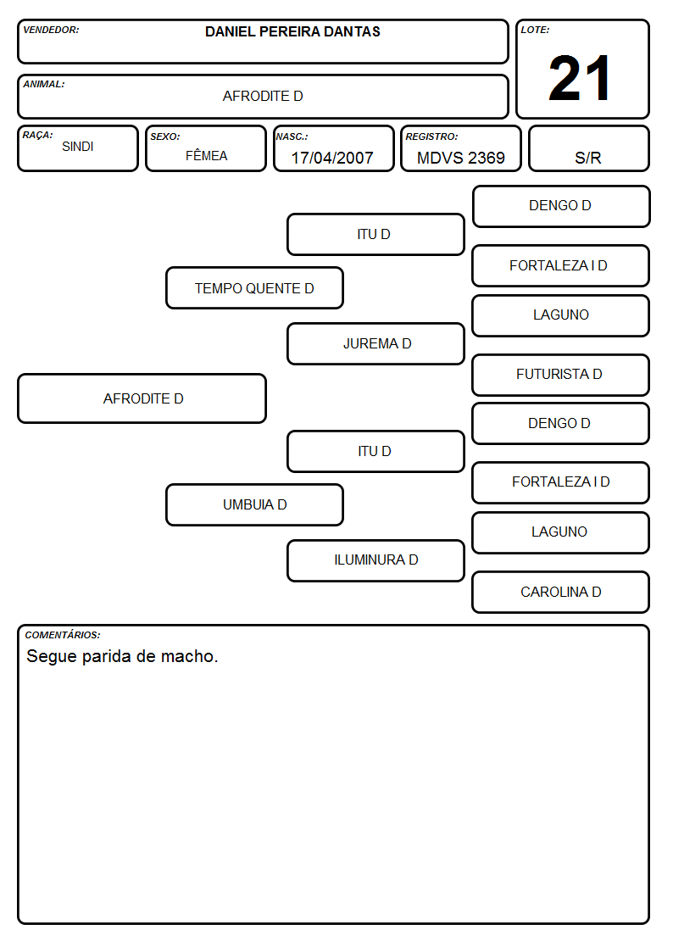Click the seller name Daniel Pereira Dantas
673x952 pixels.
[x=292, y=31]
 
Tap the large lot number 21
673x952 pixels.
[x=580, y=78]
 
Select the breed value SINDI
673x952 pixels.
[x=78, y=147]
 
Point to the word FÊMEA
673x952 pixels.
[x=206, y=155]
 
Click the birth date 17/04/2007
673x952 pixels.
[x=332, y=158]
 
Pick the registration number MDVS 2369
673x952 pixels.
[x=460, y=158]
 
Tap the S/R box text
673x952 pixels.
[x=588, y=158]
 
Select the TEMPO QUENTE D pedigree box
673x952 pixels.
[x=255, y=287]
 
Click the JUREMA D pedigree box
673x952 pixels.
[x=376, y=343]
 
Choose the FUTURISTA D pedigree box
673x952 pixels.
[x=561, y=375]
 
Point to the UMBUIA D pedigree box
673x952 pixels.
[x=255, y=504]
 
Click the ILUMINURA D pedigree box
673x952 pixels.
[x=376, y=560]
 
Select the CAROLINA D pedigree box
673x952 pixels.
[x=561, y=592]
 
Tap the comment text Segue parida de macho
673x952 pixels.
[x=122, y=656]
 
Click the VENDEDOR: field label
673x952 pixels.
[x=51, y=30]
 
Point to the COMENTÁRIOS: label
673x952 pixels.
[x=63, y=635]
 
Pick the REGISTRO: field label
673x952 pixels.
[x=431, y=136]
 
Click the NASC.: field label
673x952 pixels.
[x=292, y=136]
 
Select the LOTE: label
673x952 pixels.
[x=535, y=30]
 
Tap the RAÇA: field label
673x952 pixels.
[x=37, y=136]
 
